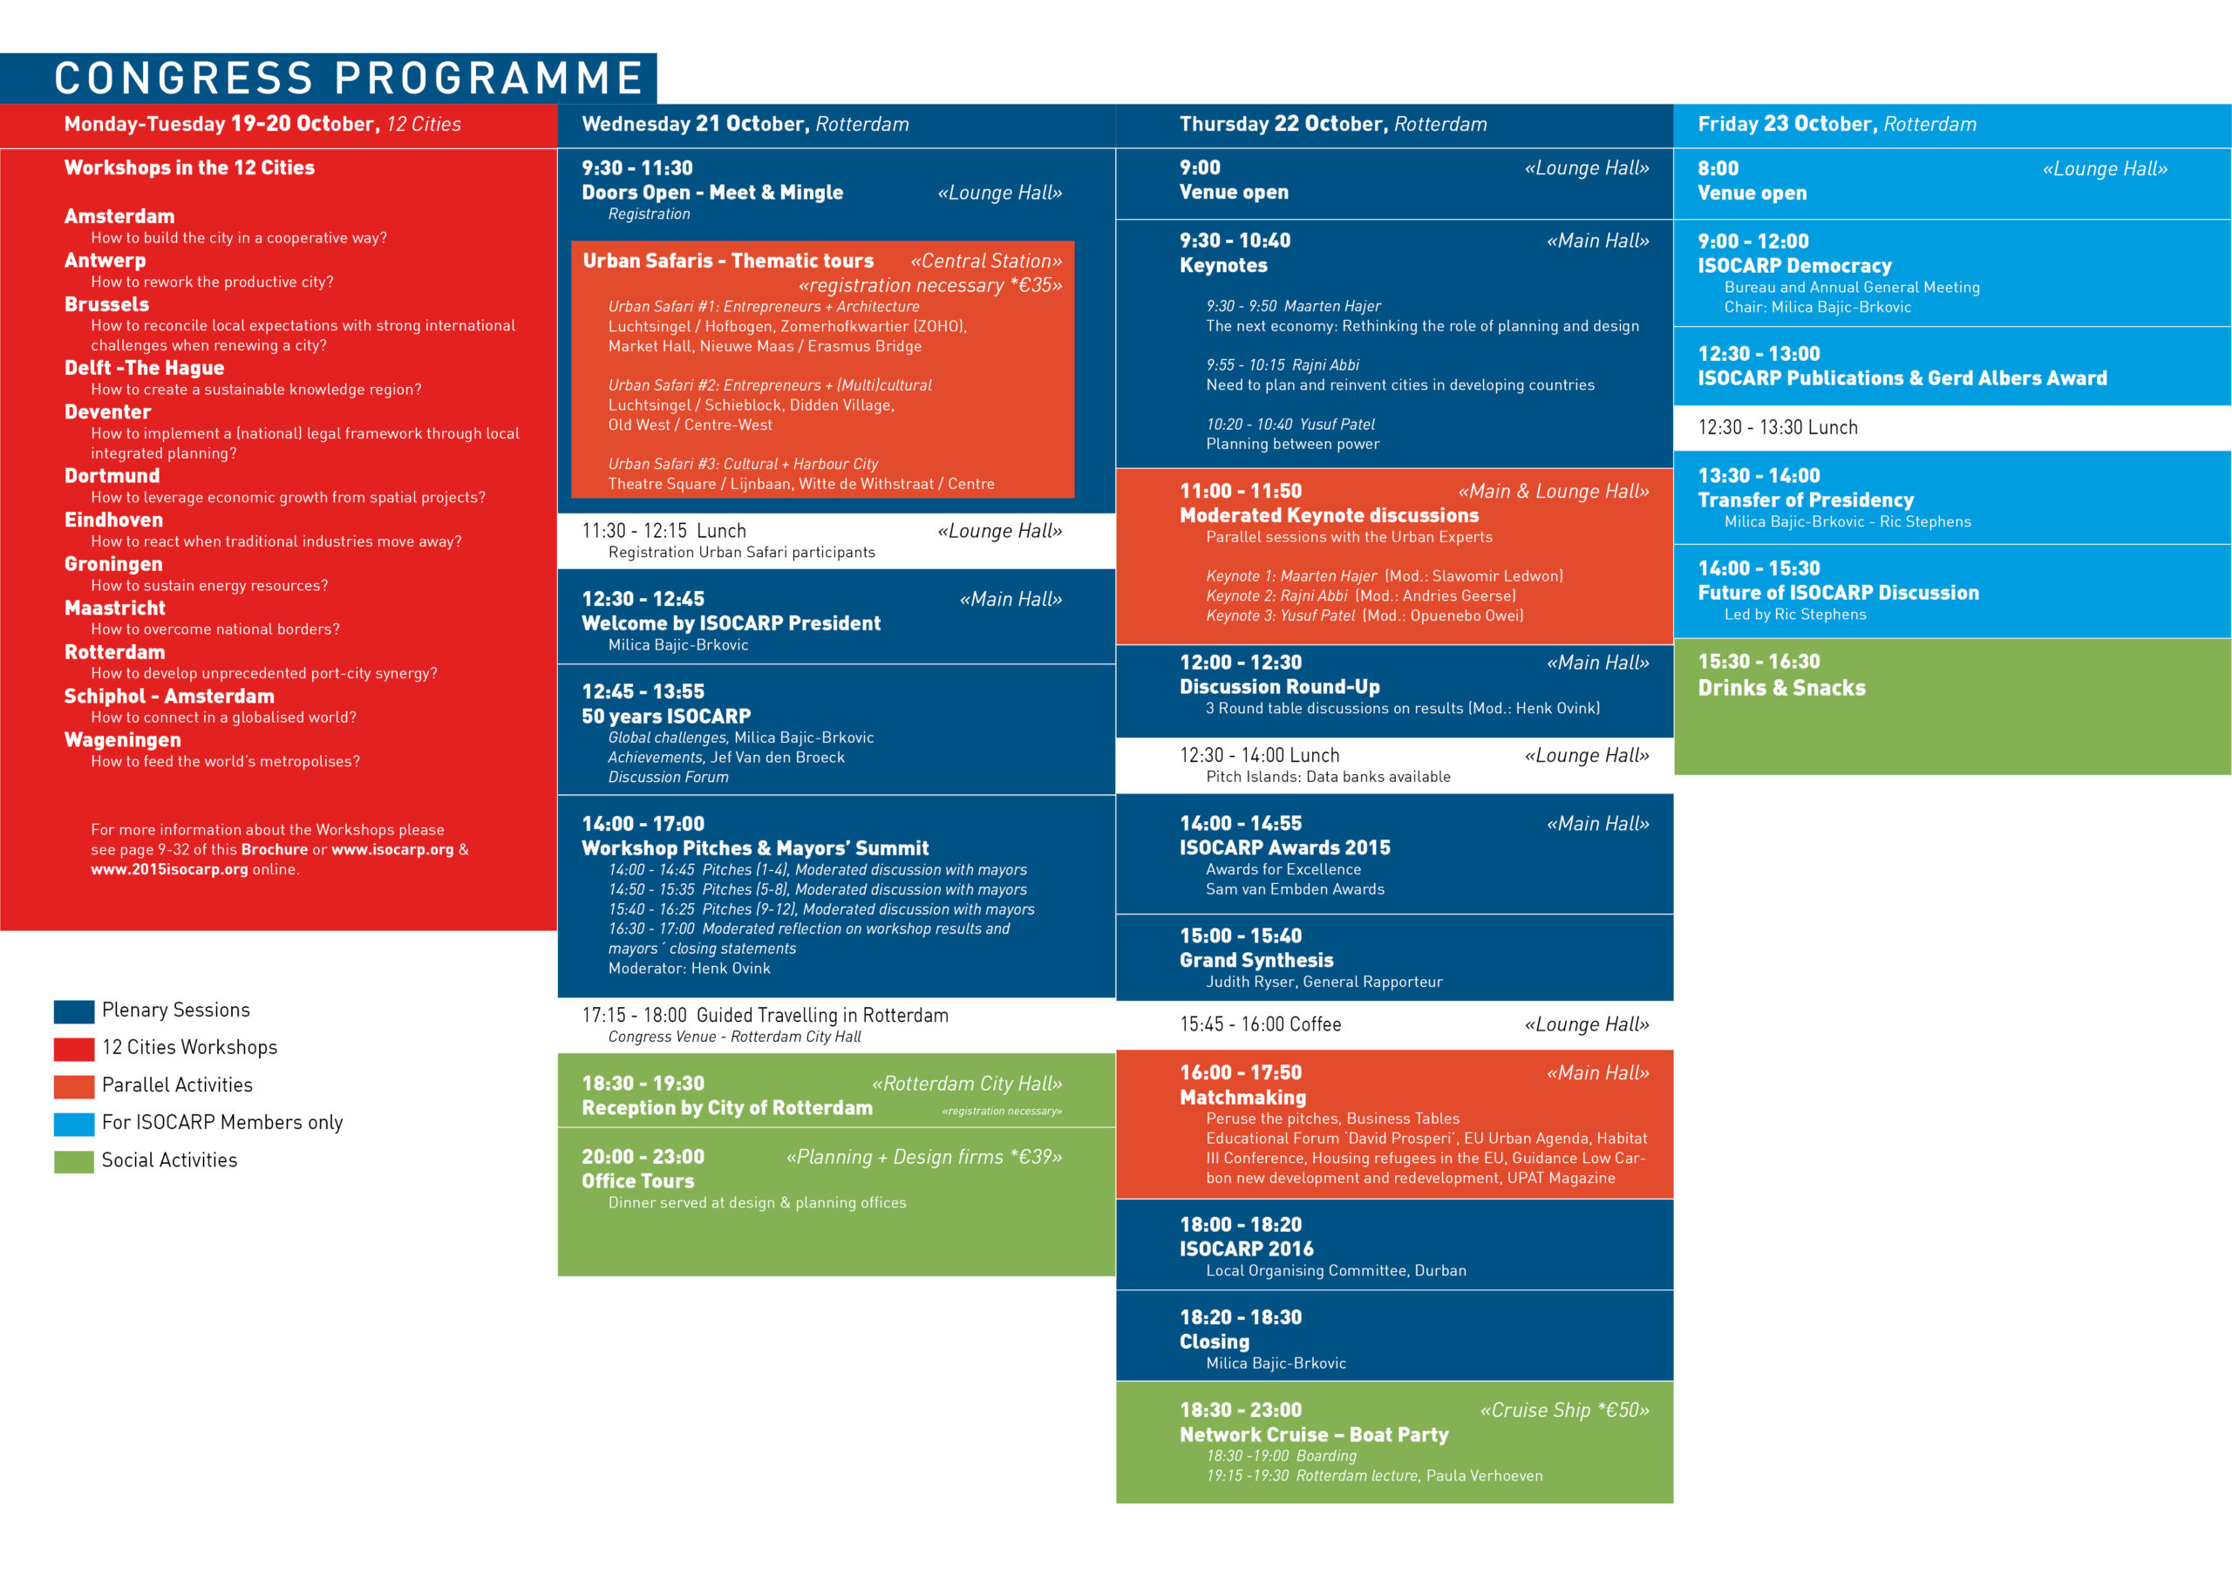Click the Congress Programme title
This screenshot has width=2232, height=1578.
348,78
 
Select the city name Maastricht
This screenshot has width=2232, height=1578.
115,608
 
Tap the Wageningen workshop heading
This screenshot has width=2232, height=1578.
122,740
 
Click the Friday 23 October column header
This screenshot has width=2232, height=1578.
1836,125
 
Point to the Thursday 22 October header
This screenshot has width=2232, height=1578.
1333,125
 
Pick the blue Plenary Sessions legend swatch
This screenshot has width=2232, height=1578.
74,1011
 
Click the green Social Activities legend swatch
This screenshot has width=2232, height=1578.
74,1161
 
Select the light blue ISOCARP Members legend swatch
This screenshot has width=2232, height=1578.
74,1124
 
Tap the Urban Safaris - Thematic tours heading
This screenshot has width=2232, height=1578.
728,261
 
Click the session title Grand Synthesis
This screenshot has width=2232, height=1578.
1256,960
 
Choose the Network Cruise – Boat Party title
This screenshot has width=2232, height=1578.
1313,1434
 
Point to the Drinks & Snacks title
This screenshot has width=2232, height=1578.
1781,687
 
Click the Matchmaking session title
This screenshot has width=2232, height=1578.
1242,1097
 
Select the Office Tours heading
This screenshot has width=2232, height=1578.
637,1180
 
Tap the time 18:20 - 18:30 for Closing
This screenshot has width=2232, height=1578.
1241,1316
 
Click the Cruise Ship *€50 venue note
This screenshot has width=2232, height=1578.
1564,1410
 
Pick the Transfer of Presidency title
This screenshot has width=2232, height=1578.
1806,500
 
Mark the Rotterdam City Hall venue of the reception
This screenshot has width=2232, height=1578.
966,1083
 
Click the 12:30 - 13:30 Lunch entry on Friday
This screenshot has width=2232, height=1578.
1777,427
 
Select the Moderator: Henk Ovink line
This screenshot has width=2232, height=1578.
690,969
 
